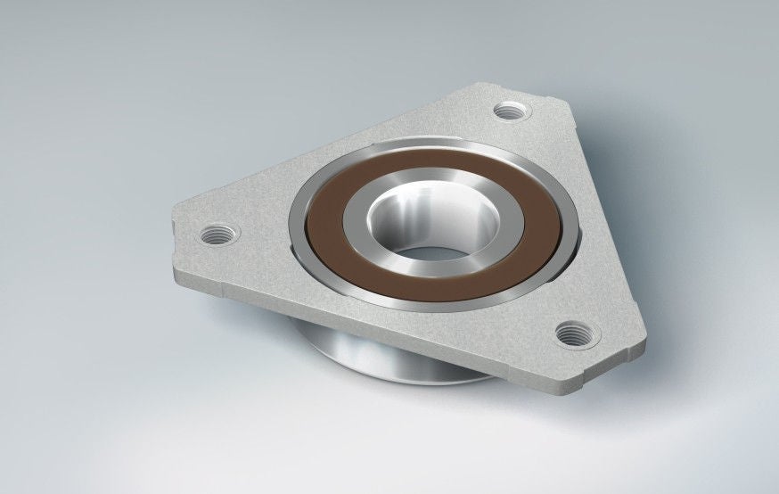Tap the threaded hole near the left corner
[x=217, y=235]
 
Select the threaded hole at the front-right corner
[x=572, y=333]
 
